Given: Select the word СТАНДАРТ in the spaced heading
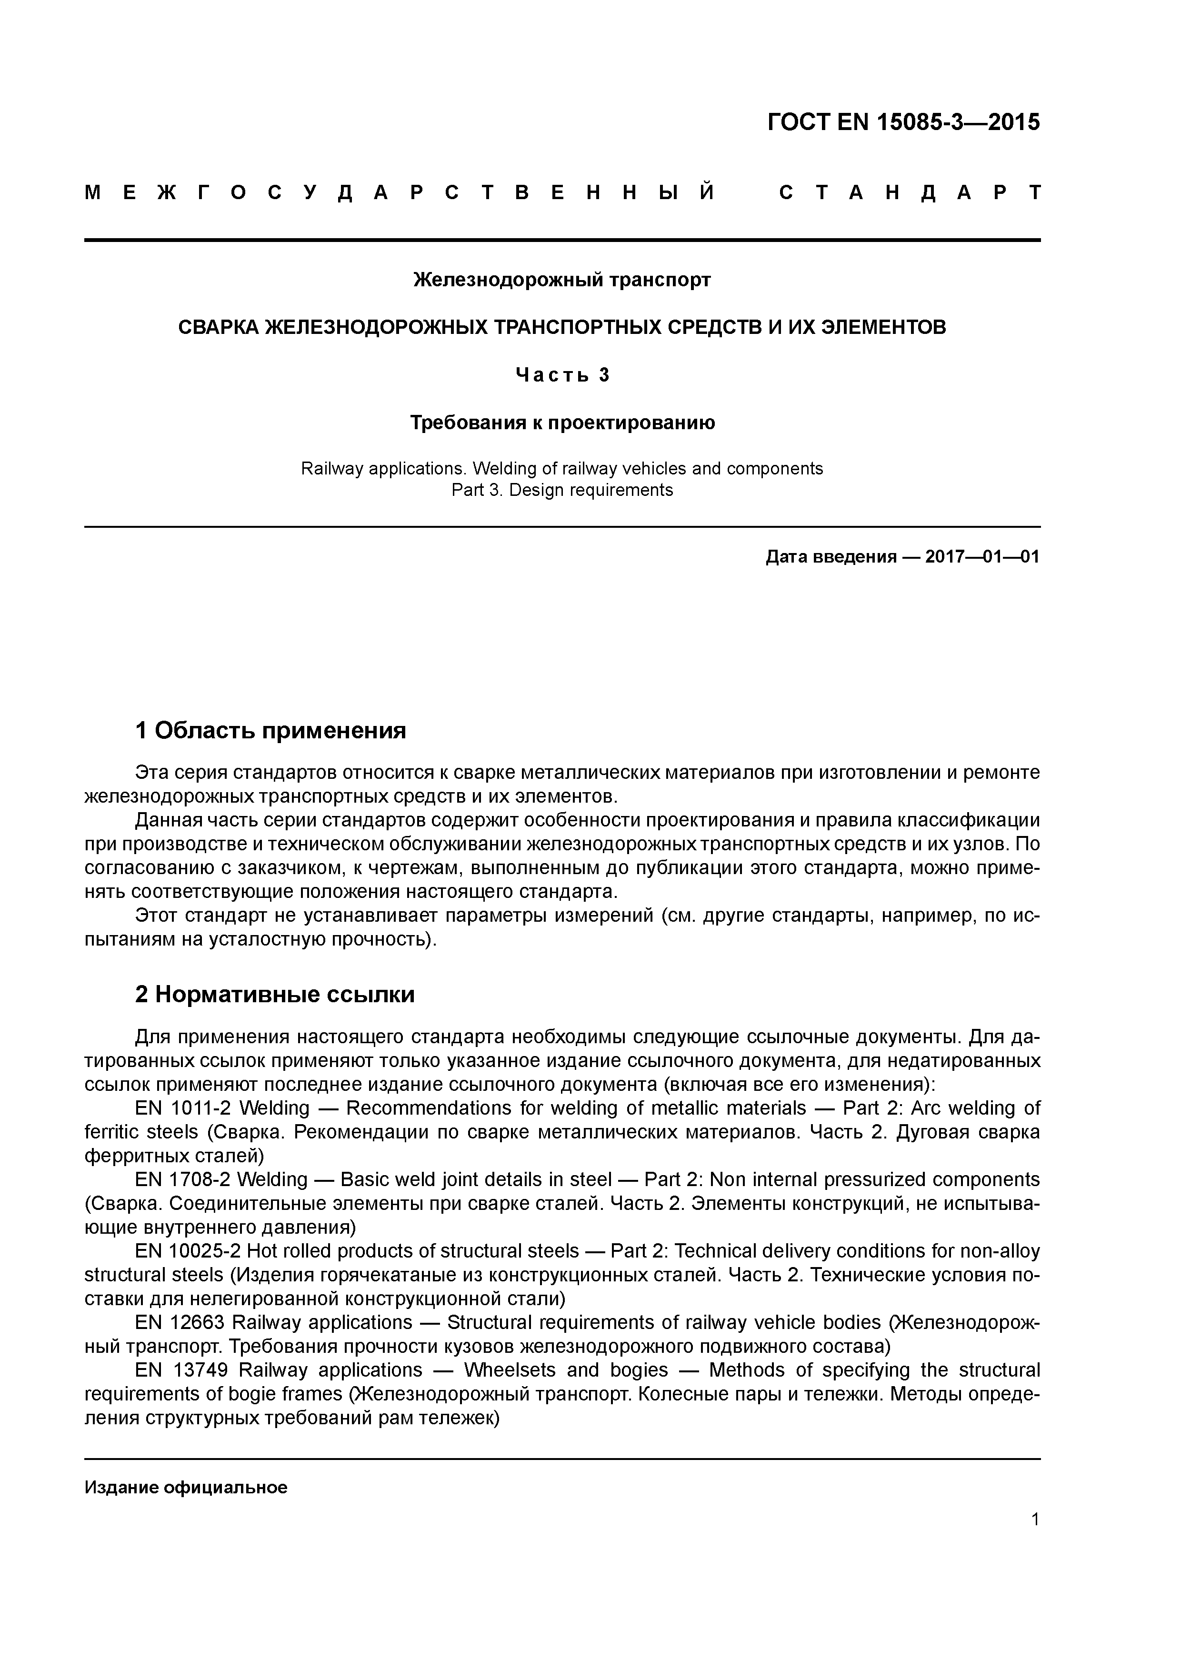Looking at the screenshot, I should click(x=910, y=193).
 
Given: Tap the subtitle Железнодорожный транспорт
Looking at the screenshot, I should click(x=562, y=280).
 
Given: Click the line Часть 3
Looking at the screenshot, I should click(x=562, y=375).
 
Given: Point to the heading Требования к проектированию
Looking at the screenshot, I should click(x=562, y=423).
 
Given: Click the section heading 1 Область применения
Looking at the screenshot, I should click(x=270, y=730).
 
